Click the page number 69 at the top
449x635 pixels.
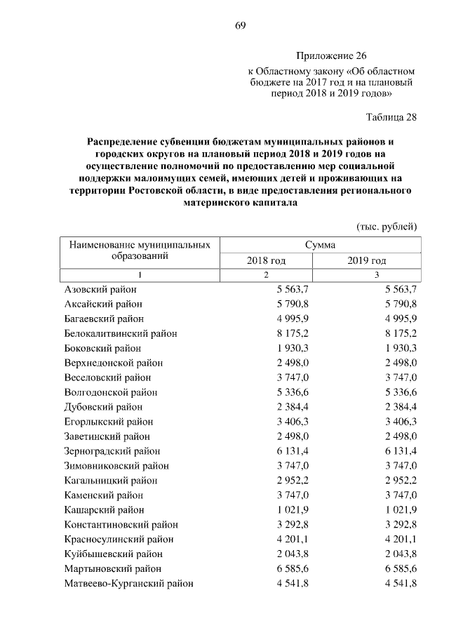tap(240, 26)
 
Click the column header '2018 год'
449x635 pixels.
tap(266, 260)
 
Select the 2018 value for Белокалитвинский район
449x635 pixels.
tap(293, 333)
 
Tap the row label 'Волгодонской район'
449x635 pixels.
tap(111, 392)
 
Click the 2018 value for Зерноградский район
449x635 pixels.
tap(293, 451)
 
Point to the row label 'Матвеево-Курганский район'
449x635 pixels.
tap(128, 583)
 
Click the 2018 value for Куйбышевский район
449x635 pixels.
tap(293, 554)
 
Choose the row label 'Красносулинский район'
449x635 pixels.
tap(119, 539)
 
